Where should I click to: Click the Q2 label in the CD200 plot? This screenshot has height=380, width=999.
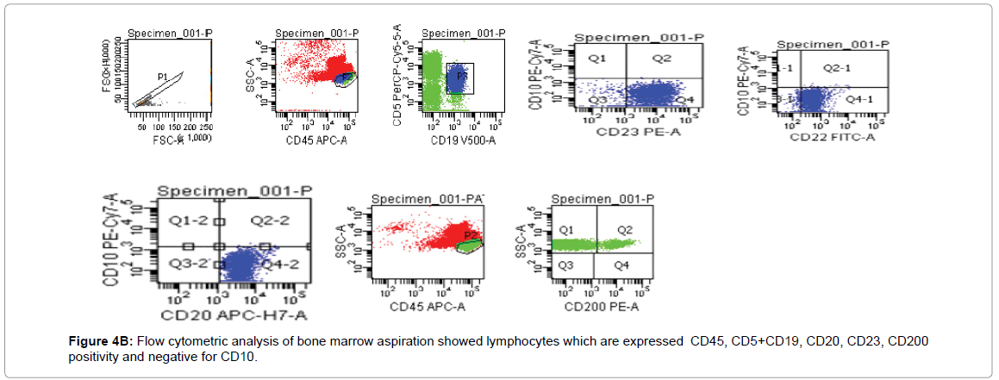625,230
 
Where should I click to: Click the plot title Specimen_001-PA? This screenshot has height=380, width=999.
428,201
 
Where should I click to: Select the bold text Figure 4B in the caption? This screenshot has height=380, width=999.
101,342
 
